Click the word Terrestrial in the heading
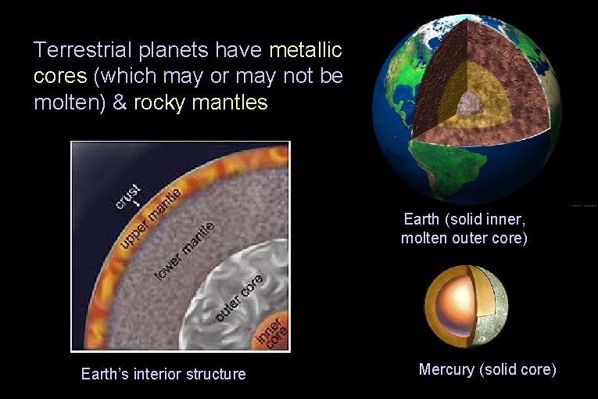[84, 51]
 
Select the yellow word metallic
[306, 51]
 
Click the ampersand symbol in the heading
[119, 102]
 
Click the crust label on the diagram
[127, 196]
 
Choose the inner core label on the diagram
[271, 331]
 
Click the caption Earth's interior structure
[163, 374]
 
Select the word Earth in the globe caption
[421, 219]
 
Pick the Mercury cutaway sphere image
[466, 306]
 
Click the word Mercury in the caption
[447, 369]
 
